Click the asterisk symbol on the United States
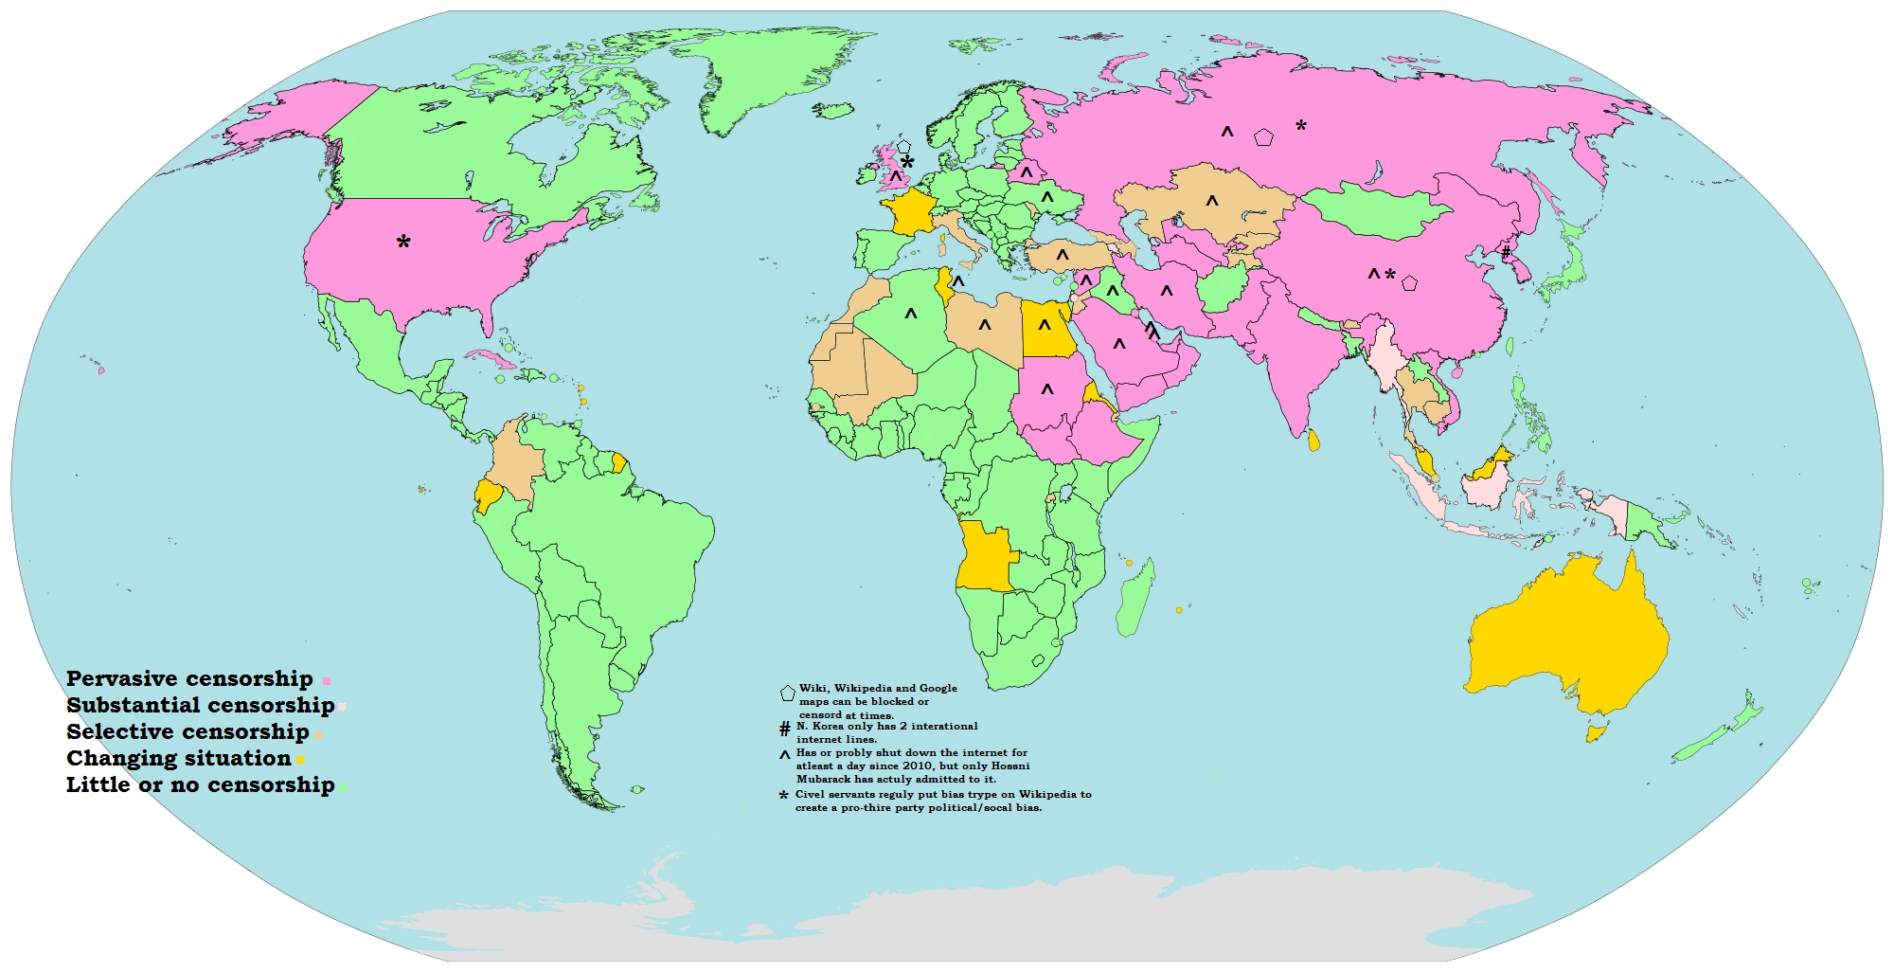[x=403, y=243]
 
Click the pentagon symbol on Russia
[x=1263, y=137]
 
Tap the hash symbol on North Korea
[x=1506, y=252]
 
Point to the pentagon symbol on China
[x=1409, y=282]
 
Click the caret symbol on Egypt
[x=1044, y=325]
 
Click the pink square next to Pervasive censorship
[x=327, y=681]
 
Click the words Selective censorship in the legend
[x=188, y=731]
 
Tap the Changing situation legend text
[x=178, y=758]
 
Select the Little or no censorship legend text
[x=200, y=784]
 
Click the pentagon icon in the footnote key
[x=787, y=693]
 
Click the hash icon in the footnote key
[x=784, y=730]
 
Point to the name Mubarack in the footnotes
[x=824, y=779]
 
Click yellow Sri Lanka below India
[x=1313, y=440]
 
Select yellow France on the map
[x=908, y=210]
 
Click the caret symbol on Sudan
[x=1047, y=388]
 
